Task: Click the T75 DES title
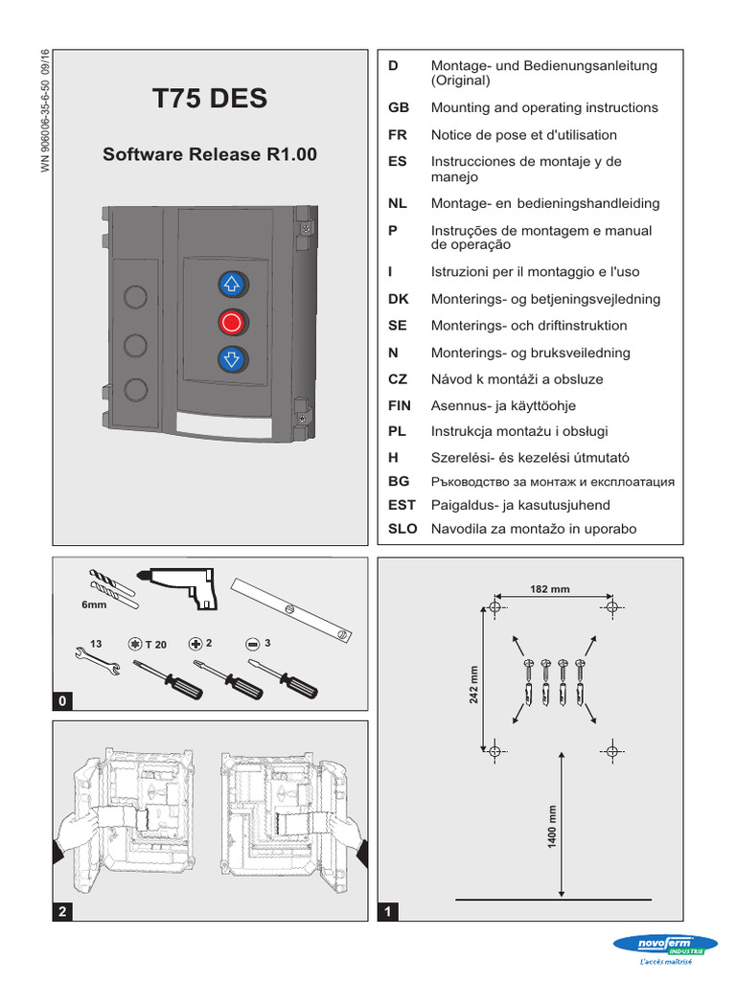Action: click(x=210, y=99)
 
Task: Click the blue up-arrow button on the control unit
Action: click(x=232, y=284)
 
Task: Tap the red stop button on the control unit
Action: click(x=232, y=321)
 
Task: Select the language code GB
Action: click(x=399, y=108)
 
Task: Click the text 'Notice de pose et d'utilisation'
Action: click(x=524, y=135)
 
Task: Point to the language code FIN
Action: click(x=400, y=406)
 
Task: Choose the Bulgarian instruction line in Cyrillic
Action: click(x=553, y=482)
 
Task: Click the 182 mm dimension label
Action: click(x=550, y=589)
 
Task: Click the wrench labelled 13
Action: click(x=94, y=663)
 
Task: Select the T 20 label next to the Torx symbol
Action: click(x=155, y=645)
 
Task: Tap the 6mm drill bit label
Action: click(x=94, y=605)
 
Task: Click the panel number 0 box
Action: click(x=63, y=702)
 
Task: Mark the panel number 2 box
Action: click(x=63, y=913)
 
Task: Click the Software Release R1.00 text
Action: click(x=210, y=154)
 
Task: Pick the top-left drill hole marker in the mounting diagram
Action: click(x=494, y=607)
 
